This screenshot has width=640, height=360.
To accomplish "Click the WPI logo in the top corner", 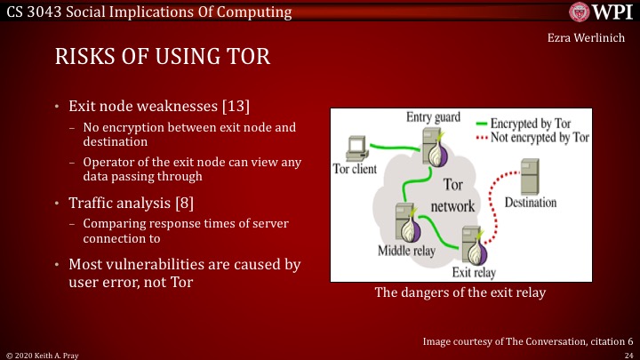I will (x=600, y=12).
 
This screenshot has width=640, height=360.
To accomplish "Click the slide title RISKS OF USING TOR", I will (x=163, y=58).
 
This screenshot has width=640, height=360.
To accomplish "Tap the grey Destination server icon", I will (x=531, y=177).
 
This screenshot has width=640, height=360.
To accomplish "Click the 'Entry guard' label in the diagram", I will (x=434, y=118).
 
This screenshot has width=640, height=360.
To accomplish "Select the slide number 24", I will (x=628, y=354).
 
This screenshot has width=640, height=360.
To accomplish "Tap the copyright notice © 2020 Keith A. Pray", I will (x=40, y=354).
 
